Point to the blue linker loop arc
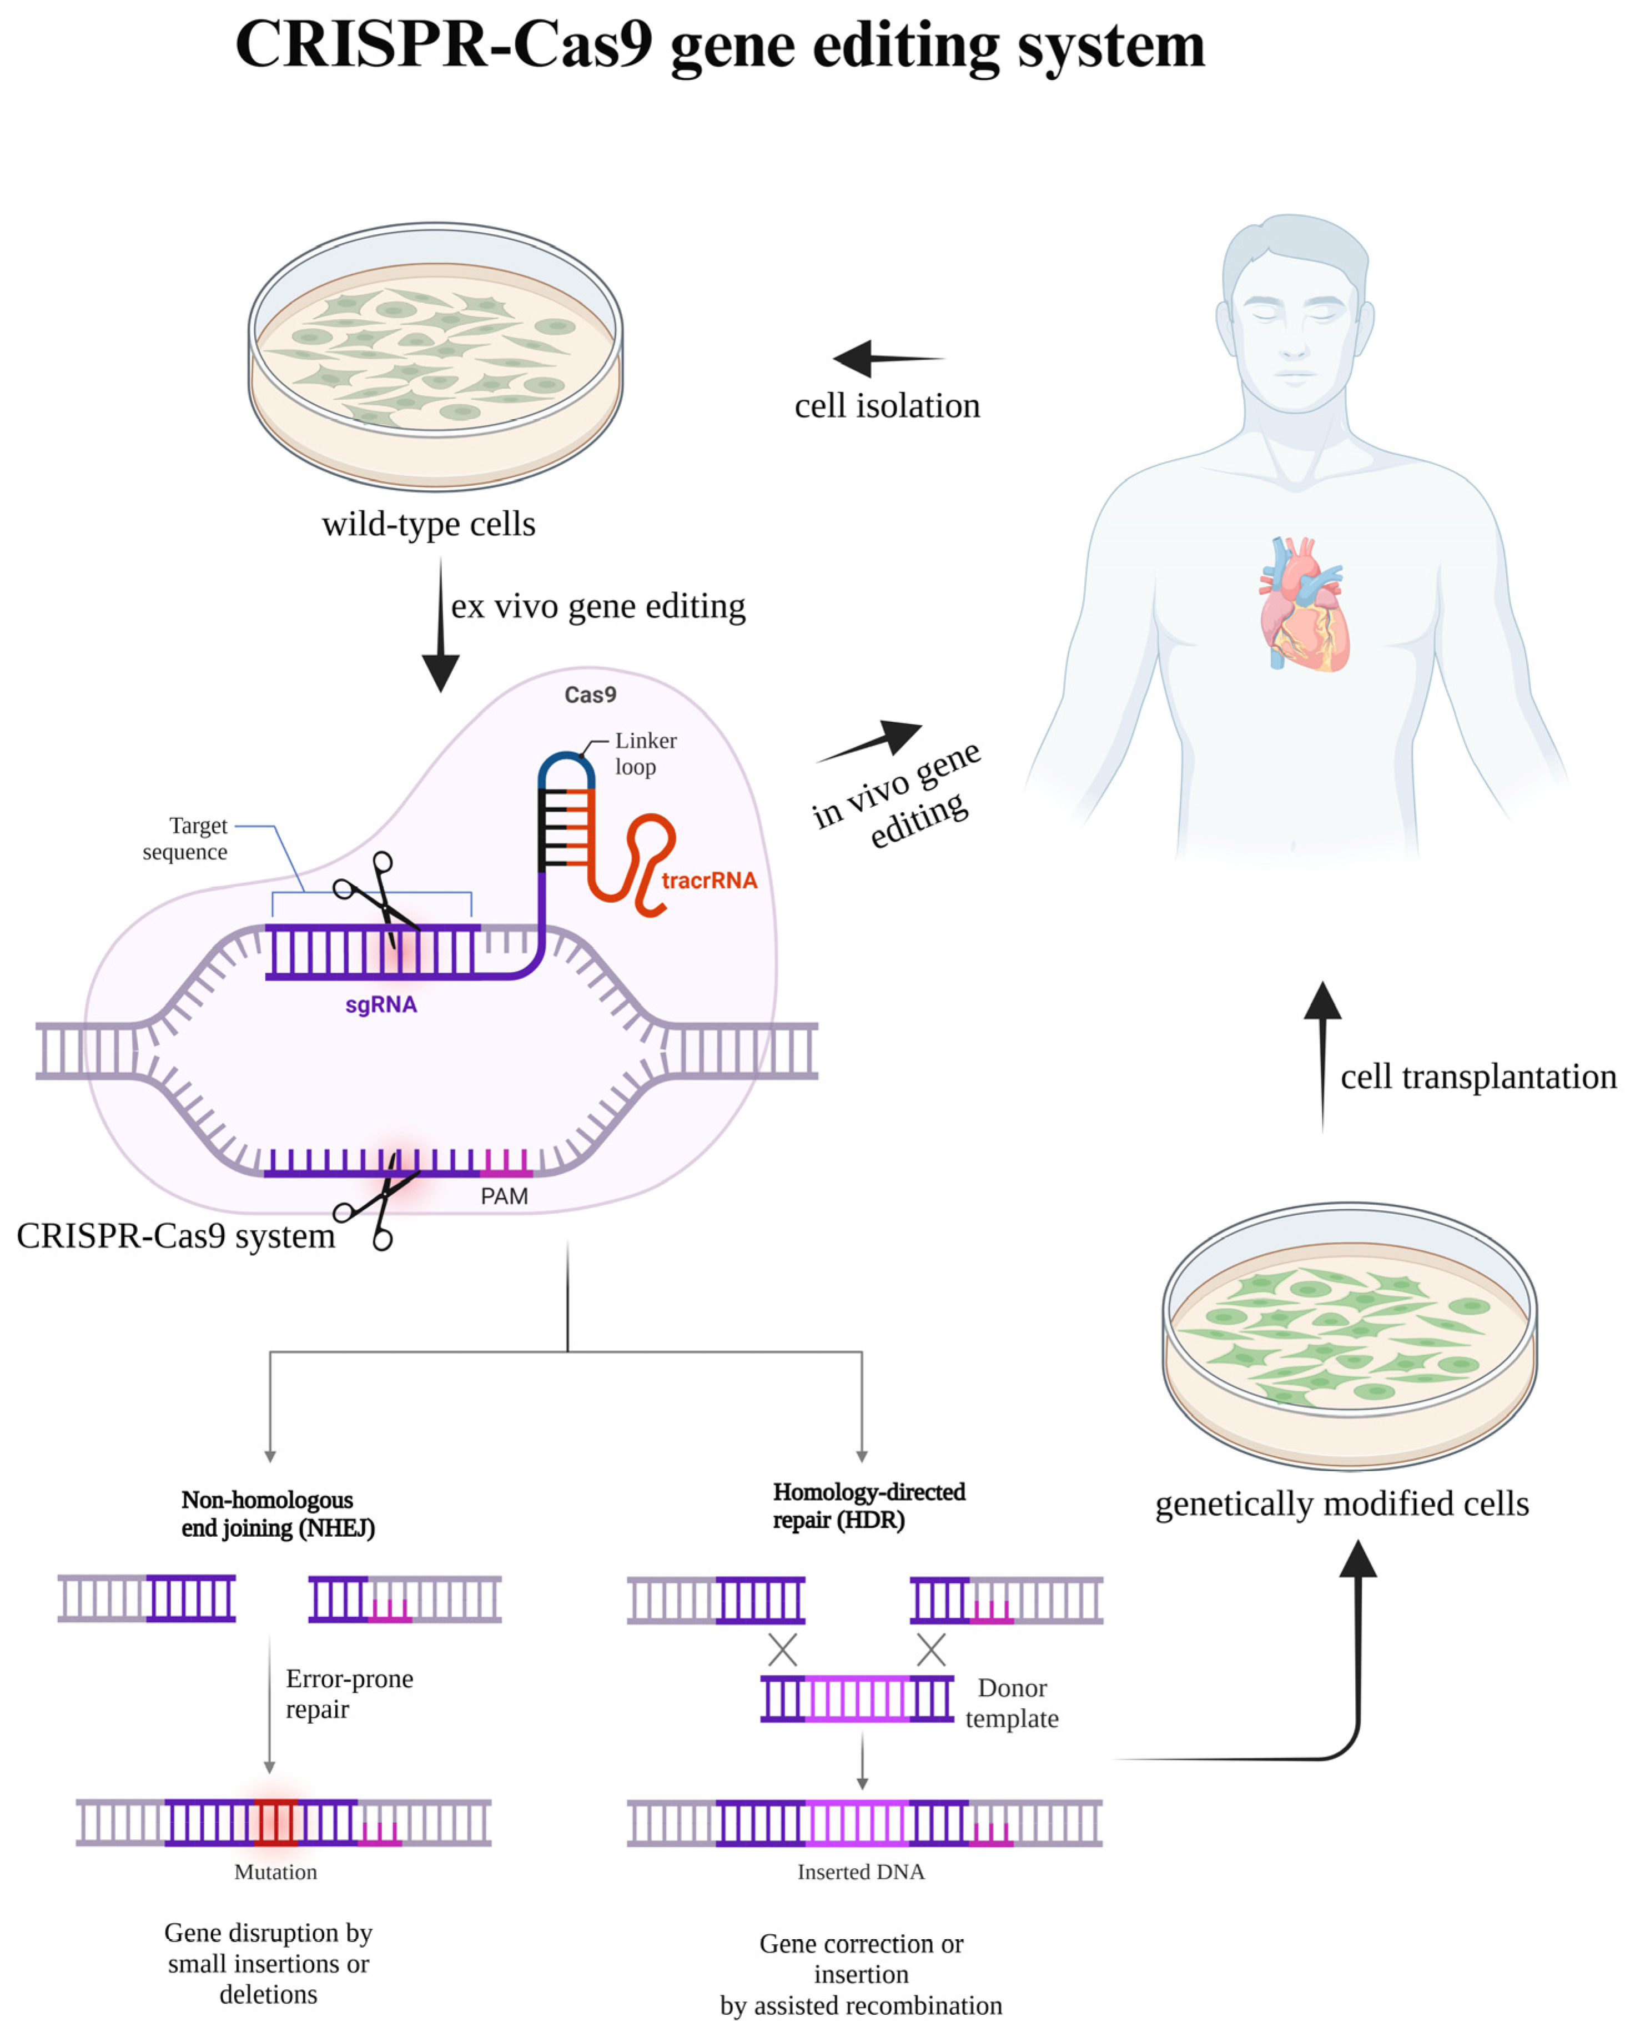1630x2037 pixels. point(566,763)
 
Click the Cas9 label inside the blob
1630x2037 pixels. point(590,695)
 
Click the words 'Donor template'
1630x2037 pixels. point(1011,1703)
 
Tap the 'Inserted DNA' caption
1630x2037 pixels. point(860,1872)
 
